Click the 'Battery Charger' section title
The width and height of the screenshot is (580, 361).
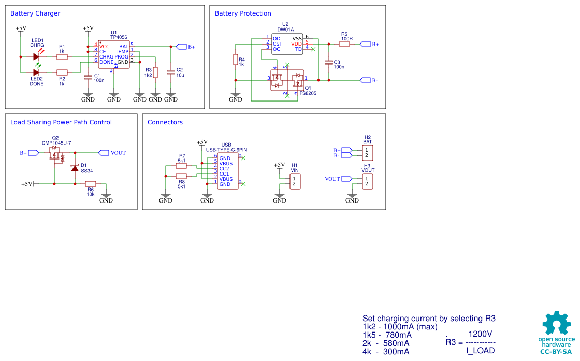pos(35,13)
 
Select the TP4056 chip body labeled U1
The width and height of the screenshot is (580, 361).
pos(114,54)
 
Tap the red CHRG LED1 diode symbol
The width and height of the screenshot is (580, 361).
pos(36,56)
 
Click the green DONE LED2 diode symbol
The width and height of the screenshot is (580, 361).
pos(36,73)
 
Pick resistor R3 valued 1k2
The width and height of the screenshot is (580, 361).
pos(155,73)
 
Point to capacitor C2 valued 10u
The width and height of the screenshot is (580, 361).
pos(170,73)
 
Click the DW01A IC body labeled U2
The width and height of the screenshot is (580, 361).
pos(287,44)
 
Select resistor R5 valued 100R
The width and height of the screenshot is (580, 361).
pos(344,44)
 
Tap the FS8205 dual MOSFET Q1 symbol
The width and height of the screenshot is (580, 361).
pos(287,80)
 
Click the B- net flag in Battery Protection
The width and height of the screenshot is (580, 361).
pos(366,80)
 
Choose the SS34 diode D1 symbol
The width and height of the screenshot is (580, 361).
pos(75,168)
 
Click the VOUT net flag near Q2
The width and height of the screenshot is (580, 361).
pos(104,153)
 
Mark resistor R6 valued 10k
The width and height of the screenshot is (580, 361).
pos(91,184)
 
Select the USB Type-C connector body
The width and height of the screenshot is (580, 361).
pos(227,171)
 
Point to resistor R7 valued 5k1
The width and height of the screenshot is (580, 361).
pos(181,166)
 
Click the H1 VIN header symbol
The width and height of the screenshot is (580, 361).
pos(295,181)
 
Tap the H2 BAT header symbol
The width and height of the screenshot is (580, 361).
pos(367,153)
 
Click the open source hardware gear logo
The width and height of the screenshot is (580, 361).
pos(556,323)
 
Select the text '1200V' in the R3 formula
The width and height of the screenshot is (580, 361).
pos(480,334)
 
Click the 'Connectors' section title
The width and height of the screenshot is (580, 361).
pos(165,122)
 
